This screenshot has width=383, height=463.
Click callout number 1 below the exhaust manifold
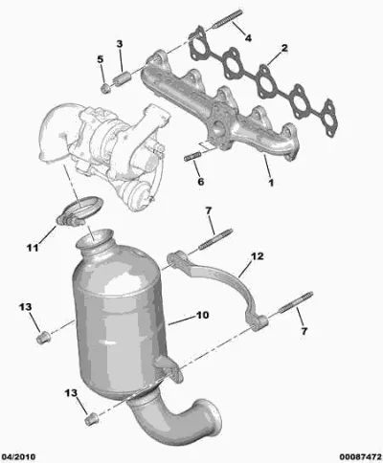[271, 183]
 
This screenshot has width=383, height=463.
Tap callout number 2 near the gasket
[284, 48]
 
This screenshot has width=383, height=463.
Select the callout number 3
[119, 44]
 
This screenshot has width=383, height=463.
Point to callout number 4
[248, 38]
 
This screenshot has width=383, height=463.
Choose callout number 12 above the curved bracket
[257, 256]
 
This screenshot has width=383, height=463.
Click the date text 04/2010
[18, 456]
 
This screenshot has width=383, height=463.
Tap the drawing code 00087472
[360, 456]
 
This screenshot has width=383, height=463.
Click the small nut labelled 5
[105, 88]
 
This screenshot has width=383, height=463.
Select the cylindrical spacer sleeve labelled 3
[121, 79]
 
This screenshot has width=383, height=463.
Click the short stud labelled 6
[192, 157]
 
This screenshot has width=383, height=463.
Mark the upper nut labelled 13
[43, 338]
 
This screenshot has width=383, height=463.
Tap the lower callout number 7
[304, 331]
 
